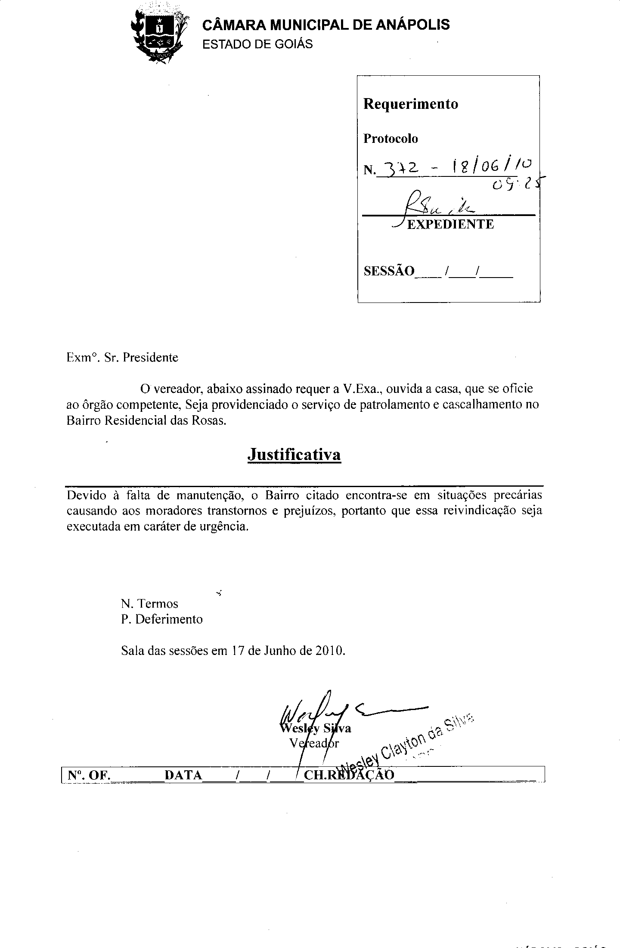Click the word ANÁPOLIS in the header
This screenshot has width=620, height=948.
pos(413,25)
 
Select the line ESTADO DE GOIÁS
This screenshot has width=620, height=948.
pos(257,44)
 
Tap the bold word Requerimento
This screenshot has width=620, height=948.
pos(411,104)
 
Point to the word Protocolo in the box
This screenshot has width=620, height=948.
pos(391,139)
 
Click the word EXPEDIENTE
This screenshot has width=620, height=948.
pos(450,224)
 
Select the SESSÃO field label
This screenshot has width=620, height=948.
pos(389,271)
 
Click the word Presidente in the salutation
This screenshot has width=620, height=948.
pos(150,358)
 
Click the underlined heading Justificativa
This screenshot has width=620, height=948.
pos(294,455)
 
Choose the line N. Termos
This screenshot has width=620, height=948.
pos(149,604)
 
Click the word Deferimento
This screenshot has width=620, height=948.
pos(169,619)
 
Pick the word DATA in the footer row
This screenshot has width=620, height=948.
pos(183,775)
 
